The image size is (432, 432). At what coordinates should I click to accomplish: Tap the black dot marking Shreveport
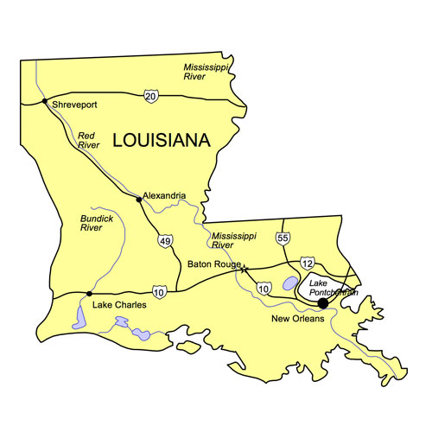pos(44,101)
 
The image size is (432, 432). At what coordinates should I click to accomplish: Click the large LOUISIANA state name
pos(162,139)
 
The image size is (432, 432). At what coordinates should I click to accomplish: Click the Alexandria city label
pos(164,195)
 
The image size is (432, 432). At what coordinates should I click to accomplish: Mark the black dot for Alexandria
pos(138,200)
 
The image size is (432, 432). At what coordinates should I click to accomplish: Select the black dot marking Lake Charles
pos(89,294)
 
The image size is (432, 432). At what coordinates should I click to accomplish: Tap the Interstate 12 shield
pos(307,262)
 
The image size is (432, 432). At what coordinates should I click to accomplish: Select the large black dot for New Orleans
pos(322,303)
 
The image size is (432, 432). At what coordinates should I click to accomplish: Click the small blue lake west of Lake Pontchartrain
pos(290,283)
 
